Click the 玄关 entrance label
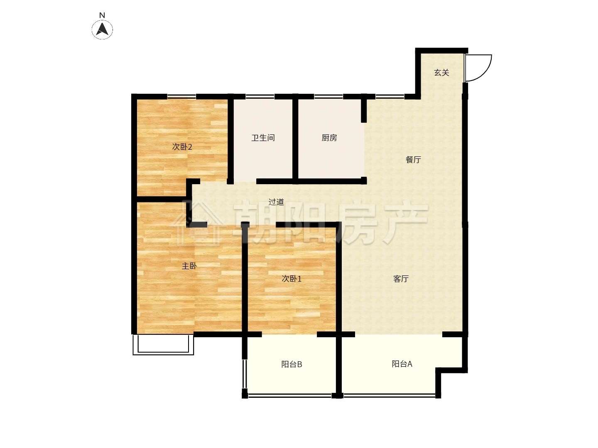(x=441, y=73)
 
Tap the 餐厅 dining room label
(x=413, y=160)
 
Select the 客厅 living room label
(x=401, y=279)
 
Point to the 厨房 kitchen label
(x=329, y=138)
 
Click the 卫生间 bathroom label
(x=263, y=138)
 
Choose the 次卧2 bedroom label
(x=182, y=147)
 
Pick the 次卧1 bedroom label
(x=292, y=279)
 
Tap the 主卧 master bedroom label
(x=189, y=266)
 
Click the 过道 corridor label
(x=276, y=202)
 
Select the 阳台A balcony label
(x=402, y=364)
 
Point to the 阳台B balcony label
(x=292, y=364)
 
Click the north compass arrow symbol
(x=102, y=29)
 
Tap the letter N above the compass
(x=102, y=15)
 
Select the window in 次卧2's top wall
(x=181, y=96)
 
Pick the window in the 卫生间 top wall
(x=260, y=96)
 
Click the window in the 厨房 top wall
(x=328, y=96)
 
